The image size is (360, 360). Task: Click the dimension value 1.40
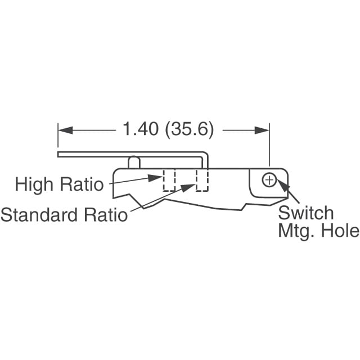pos(141,129)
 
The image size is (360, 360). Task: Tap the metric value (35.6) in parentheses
pos(190,129)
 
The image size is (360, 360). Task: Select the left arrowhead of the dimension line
pos(65,130)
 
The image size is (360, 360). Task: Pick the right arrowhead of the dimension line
pos(262,130)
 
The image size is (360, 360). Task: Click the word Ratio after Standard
pos(106,215)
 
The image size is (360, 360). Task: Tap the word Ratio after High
pos(82,184)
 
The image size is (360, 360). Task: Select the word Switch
pos(306,213)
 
